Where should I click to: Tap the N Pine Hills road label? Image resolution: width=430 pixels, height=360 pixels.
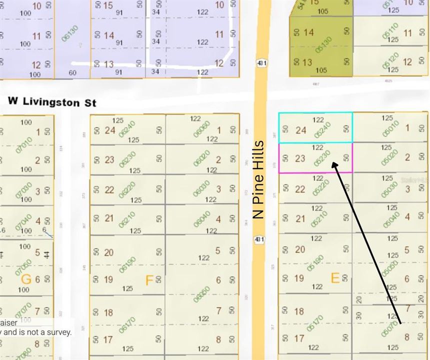(258, 180)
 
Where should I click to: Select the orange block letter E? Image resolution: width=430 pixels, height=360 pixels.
(335, 278)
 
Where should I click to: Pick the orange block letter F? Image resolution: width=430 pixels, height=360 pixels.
(149, 280)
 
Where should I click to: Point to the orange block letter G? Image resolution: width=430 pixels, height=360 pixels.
(25, 279)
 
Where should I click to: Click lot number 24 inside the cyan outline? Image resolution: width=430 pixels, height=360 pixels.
(300, 130)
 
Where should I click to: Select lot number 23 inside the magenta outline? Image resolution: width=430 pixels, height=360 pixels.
(300, 159)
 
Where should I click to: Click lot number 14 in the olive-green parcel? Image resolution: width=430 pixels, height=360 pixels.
(308, 32)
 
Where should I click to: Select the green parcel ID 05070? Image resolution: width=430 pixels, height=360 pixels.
(389, 326)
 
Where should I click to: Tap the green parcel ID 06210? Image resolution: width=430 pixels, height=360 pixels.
(127, 219)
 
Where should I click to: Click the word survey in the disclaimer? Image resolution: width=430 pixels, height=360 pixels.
(58, 331)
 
